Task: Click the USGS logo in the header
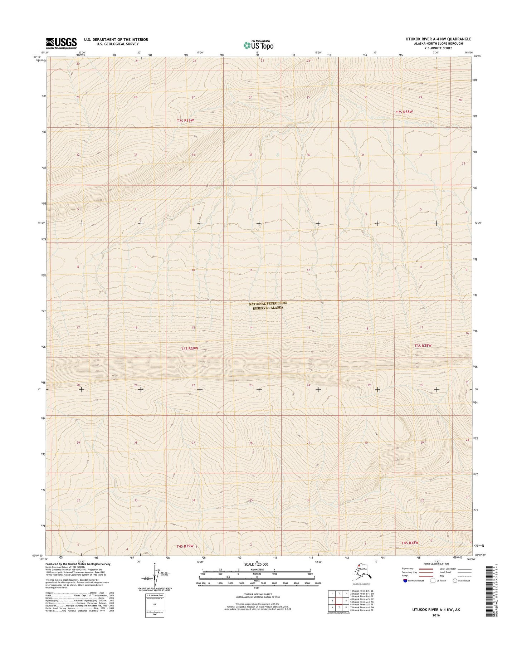(61, 43)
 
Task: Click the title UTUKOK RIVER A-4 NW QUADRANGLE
(442, 39)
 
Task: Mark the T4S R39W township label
(185, 546)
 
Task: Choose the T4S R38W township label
(409, 543)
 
